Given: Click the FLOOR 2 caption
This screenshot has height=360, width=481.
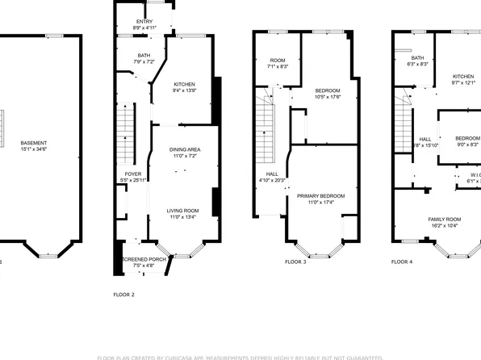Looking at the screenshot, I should (x=123, y=295).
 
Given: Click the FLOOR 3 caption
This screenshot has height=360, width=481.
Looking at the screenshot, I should (x=296, y=262).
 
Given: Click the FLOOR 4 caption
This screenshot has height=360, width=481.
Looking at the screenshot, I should (x=401, y=262).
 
